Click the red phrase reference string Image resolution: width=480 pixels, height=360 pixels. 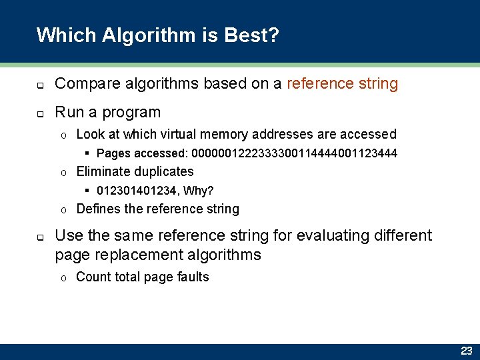(x=342, y=83)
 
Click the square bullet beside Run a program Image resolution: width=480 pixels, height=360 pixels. (x=40, y=113)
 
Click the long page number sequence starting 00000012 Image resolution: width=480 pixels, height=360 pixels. (x=294, y=153)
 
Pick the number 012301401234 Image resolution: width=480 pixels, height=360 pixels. (x=137, y=191)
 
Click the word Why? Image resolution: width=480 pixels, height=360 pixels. (x=199, y=191)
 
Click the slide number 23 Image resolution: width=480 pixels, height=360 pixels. (x=466, y=351)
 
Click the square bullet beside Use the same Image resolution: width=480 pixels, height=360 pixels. (x=40, y=237)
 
